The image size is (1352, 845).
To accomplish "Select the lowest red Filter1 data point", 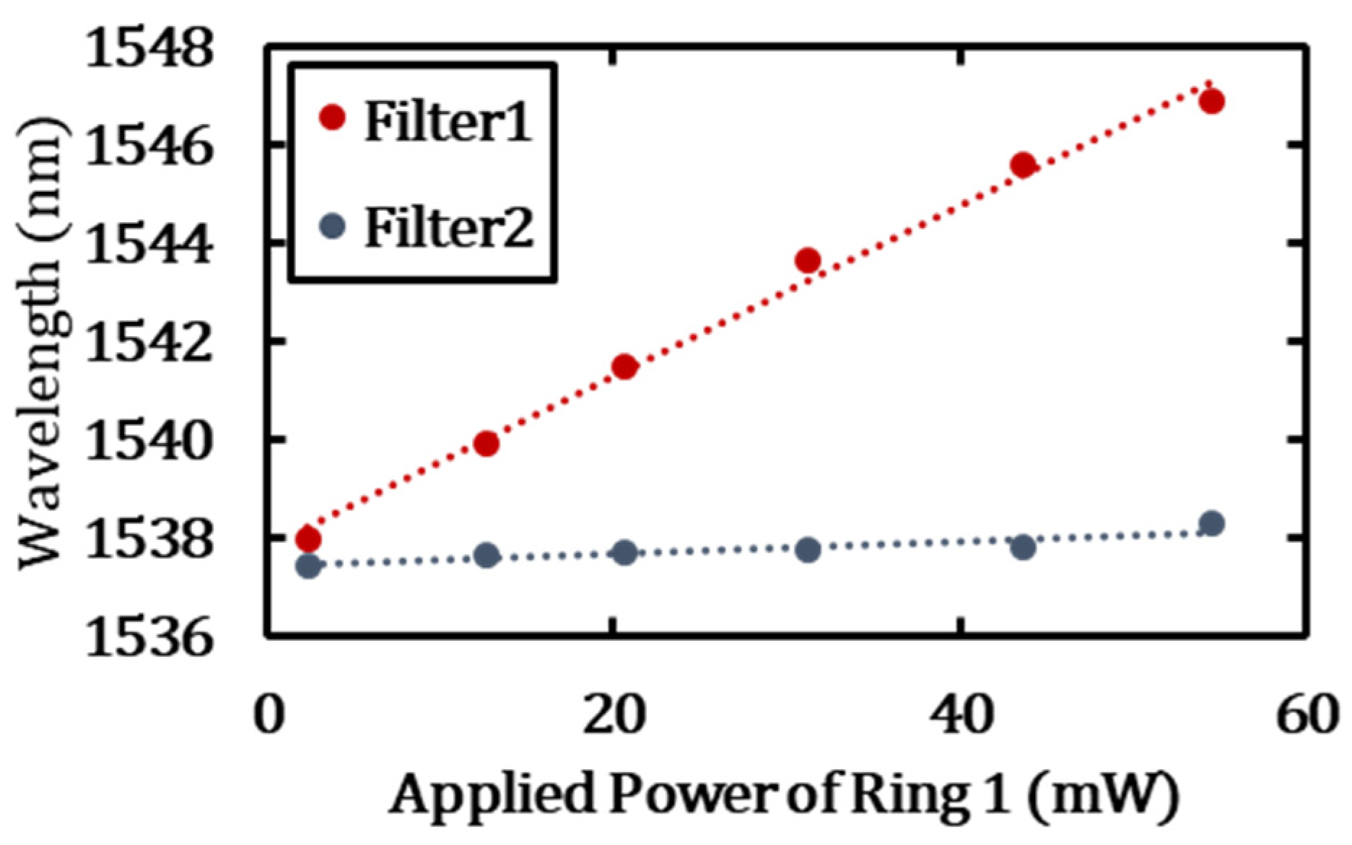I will coord(308,538).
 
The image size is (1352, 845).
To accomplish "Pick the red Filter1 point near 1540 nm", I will coord(487,443).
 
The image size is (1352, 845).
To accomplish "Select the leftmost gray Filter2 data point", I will coord(308,566).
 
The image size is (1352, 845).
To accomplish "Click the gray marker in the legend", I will coord(333,227).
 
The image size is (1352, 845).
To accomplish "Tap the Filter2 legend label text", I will coord(449,229).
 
